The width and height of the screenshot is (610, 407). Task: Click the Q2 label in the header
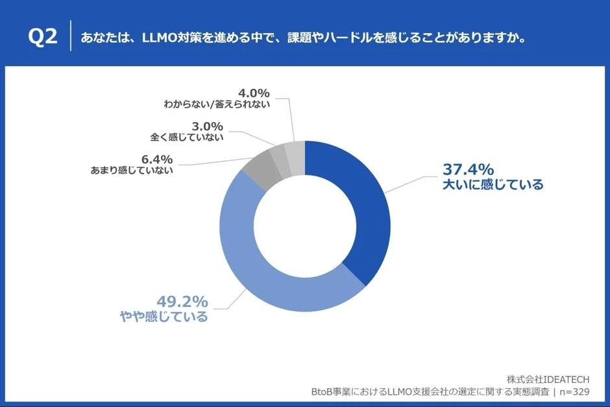click(x=43, y=38)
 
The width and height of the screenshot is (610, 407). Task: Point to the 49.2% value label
click(x=182, y=302)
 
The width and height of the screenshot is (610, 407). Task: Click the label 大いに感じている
click(x=493, y=184)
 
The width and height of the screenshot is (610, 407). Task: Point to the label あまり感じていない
click(x=132, y=171)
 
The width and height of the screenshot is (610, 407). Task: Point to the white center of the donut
click(x=305, y=227)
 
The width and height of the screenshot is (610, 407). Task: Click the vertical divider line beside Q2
click(x=70, y=38)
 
